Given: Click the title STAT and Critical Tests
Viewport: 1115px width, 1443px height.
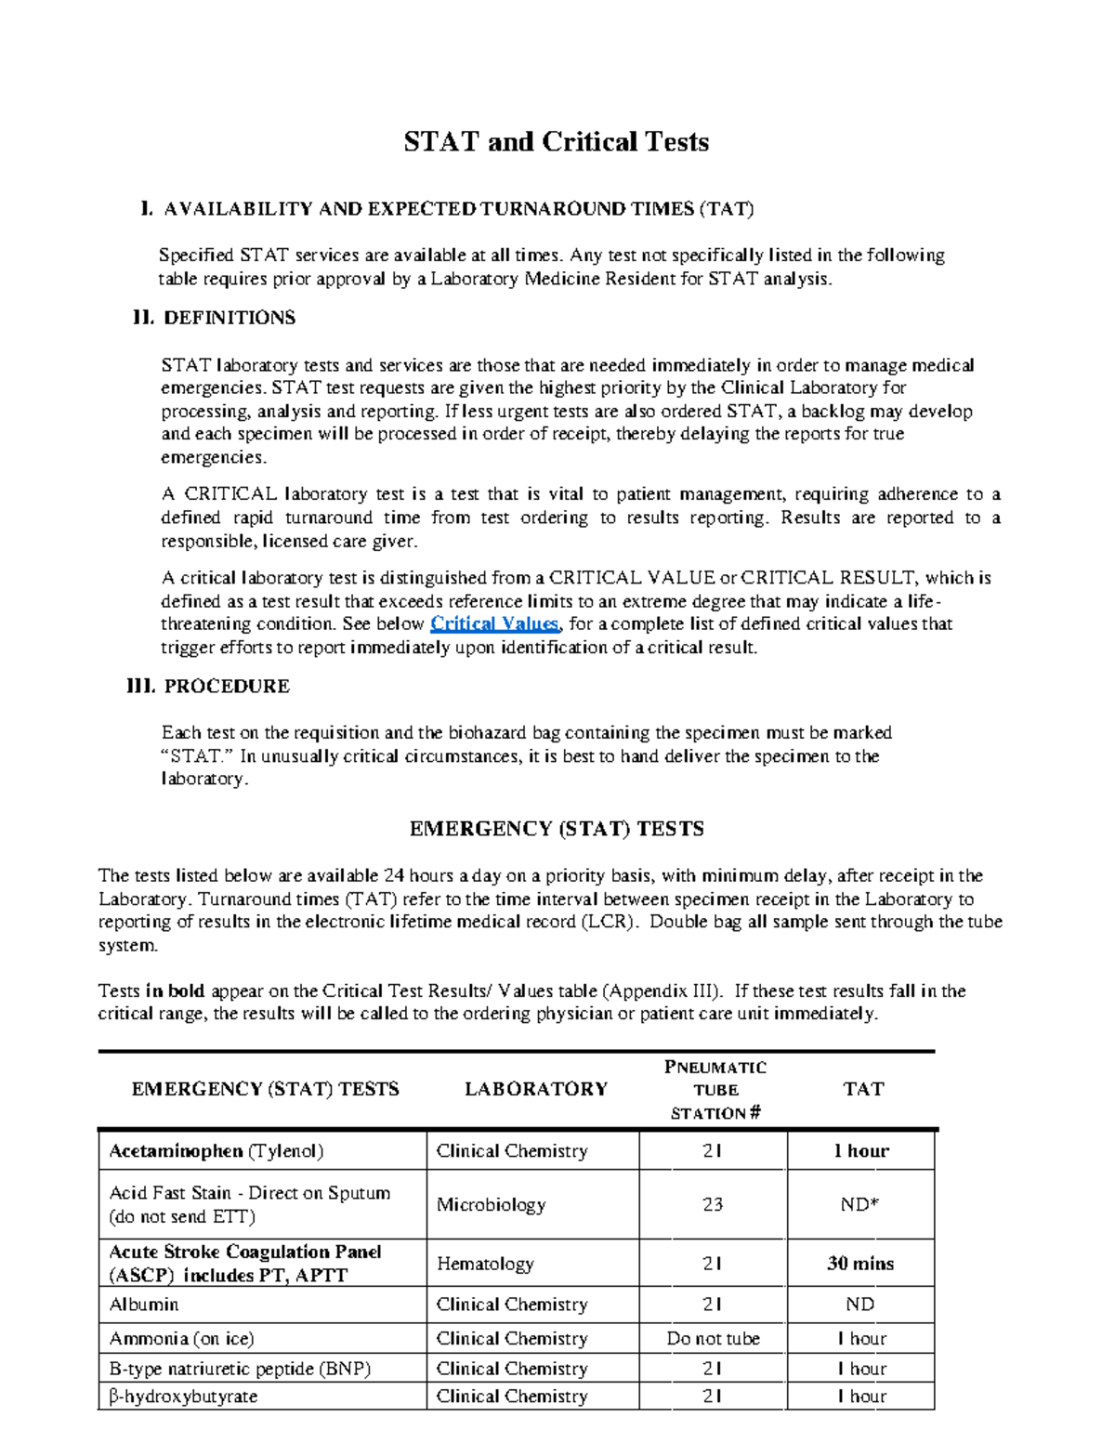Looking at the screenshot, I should coord(556,142).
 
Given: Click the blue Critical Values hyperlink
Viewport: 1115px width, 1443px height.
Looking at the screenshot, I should coord(494,624).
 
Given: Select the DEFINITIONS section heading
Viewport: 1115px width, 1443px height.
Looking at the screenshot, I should coord(229,318).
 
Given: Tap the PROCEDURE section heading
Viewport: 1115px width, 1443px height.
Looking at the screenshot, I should coord(226,687).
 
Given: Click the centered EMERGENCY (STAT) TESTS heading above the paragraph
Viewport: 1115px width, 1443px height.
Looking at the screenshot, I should coord(557,829).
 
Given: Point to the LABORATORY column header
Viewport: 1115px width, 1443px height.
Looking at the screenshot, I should coord(536,1089).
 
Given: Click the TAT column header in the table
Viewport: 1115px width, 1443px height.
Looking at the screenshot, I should coord(862,1089).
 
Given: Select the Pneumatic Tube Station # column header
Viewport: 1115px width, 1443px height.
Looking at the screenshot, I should coord(715,1090).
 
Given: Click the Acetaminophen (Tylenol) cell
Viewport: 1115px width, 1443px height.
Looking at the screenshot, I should coord(216,1151).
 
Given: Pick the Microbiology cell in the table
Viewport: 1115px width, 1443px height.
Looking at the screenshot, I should coord(491,1205).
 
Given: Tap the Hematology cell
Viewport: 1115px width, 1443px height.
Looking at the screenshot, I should coord(485,1264).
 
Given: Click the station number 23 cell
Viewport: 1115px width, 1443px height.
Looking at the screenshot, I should coord(713,1205).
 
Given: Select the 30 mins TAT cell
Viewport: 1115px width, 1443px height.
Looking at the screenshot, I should coord(860,1264).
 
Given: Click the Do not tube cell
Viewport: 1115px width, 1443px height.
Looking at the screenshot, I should coord(713,1339).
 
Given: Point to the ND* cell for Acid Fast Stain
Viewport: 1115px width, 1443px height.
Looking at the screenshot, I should coord(859,1205).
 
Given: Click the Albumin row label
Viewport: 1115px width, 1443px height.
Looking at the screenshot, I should coord(144,1305).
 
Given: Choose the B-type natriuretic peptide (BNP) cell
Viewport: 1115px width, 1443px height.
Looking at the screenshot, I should coord(240,1369).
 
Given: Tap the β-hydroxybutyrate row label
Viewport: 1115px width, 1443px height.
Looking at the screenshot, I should coord(183,1397).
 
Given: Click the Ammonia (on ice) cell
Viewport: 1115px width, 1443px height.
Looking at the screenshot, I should coord(181,1339).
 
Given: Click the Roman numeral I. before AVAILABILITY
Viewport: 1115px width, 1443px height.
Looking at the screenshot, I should coord(145,209).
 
